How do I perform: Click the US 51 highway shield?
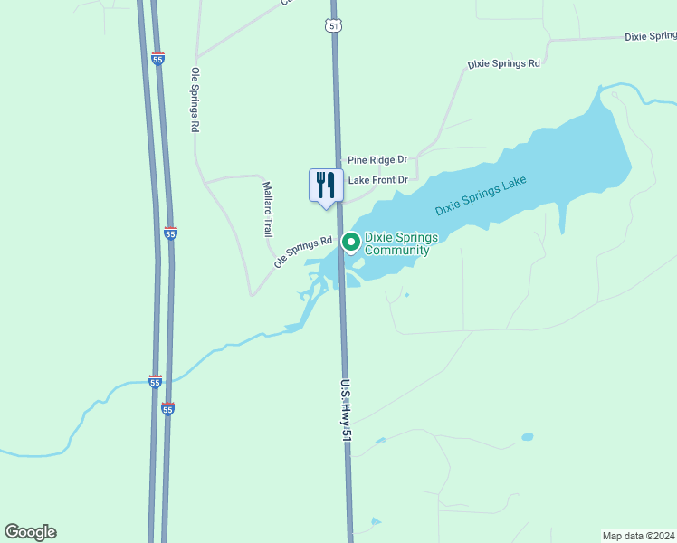click(334, 26)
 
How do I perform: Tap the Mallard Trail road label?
click(268, 209)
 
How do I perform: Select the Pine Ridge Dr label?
click(377, 159)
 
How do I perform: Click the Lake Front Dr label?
click(378, 180)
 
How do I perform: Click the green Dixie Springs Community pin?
click(350, 242)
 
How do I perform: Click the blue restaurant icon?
click(326, 186)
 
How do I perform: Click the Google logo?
click(30, 532)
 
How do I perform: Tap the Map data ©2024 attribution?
click(639, 535)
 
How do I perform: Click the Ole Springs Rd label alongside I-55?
click(194, 100)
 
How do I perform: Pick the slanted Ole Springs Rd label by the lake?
click(303, 252)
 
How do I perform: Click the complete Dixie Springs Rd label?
click(503, 64)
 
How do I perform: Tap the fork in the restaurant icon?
click(320, 185)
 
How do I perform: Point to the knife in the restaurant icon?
click(331, 185)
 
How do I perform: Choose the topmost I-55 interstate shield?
click(157, 58)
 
